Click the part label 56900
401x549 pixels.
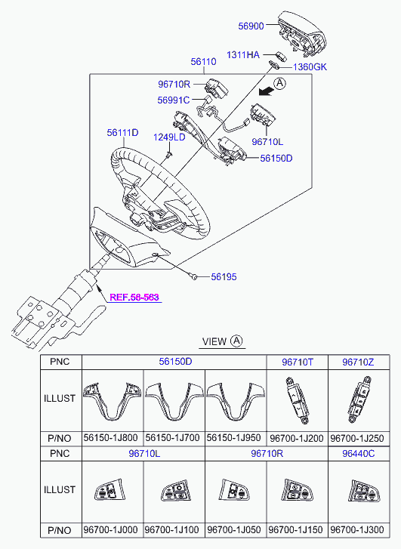(x=251, y=26)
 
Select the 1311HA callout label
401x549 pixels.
(x=244, y=55)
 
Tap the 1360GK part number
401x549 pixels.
(x=310, y=67)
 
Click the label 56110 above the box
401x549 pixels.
(x=203, y=62)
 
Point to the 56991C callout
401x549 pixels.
(x=173, y=100)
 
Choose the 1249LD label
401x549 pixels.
(x=169, y=137)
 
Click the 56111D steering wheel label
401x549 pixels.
(x=122, y=132)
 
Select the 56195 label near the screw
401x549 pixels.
(x=224, y=277)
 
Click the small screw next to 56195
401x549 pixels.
(x=194, y=277)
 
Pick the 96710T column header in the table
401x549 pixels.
(x=297, y=362)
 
